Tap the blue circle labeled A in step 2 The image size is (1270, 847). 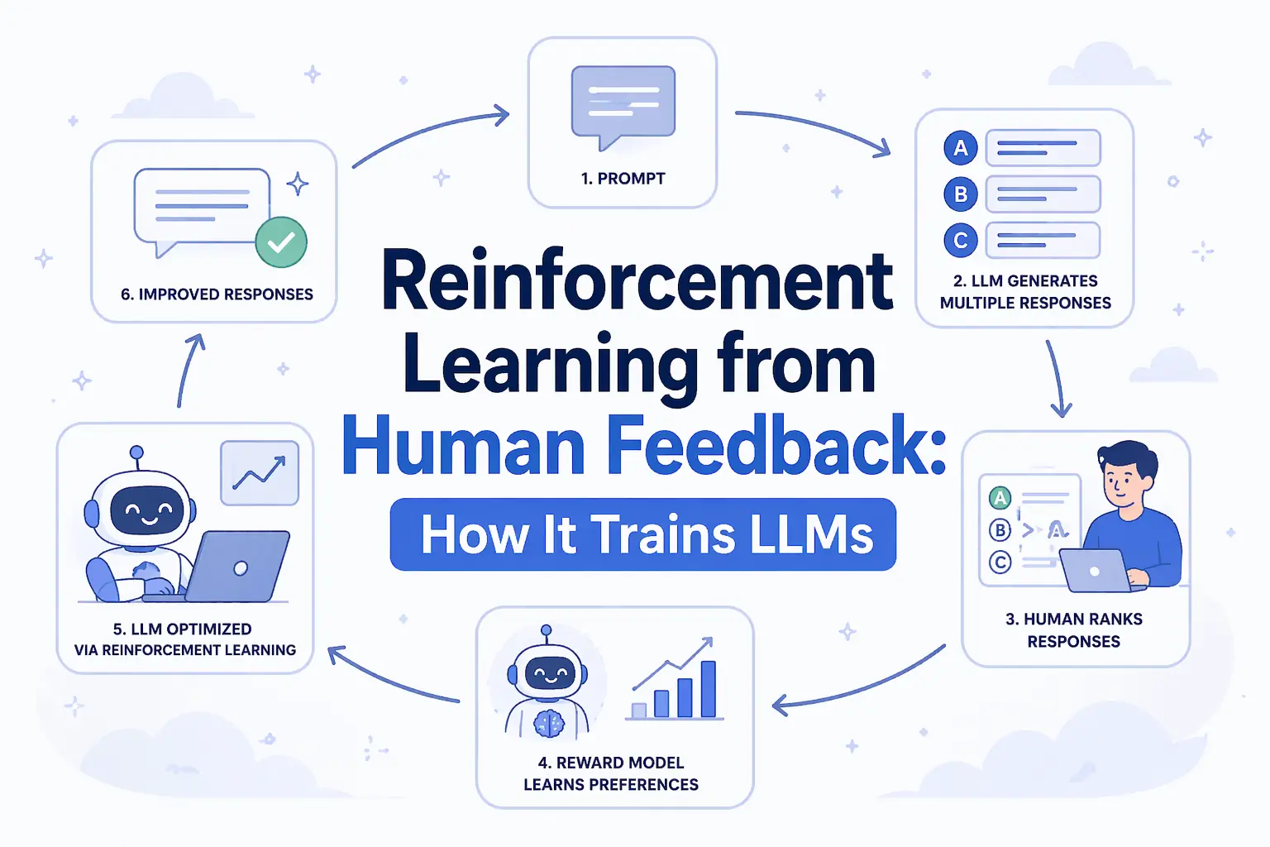pyautogui.click(x=961, y=148)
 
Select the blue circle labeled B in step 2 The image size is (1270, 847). pyautogui.click(x=961, y=194)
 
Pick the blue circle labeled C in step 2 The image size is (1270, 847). pyautogui.click(x=961, y=241)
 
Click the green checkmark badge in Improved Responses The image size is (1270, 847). pyautogui.click(x=281, y=242)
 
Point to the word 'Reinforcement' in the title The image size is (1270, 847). pyautogui.click(x=637, y=281)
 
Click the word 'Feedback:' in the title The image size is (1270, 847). pyautogui.click(x=777, y=447)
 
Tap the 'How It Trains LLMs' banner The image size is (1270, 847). pyautogui.click(x=643, y=534)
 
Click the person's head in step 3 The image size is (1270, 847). pyautogui.click(x=1124, y=476)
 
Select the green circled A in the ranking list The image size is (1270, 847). pyautogui.click(x=1000, y=498)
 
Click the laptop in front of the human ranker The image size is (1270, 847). pyautogui.click(x=1096, y=571)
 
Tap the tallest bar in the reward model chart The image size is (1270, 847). pyautogui.click(x=708, y=688)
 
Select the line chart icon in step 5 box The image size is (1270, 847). pyautogui.click(x=260, y=473)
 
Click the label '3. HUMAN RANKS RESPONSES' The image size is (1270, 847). pyautogui.click(x=1074, y=630)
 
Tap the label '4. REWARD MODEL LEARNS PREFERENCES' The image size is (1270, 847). pyautogui.click(x=611, y=773)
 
